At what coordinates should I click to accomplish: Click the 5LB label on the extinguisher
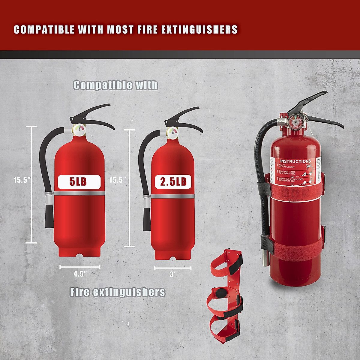(x=79, y=182)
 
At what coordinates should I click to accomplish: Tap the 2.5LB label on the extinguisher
(x=173, y=182)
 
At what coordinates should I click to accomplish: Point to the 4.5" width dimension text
(x=80, y=274)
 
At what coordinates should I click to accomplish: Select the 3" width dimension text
(x=173, y=274)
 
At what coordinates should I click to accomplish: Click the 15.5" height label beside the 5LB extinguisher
(x=22, y=180)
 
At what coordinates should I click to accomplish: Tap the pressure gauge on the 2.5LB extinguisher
(x=172, y=132)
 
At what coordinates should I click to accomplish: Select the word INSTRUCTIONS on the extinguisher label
(x=295, y=161)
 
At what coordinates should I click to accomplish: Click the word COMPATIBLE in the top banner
(x=44, y=30)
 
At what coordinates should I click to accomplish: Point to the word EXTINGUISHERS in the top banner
(x=199, y=30)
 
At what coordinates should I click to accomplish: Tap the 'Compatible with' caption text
(x=115, y=85)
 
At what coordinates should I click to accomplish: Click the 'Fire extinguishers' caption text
(x=117, y=292)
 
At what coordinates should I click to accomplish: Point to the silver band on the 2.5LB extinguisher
(x=172, y=196)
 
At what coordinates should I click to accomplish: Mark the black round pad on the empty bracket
(x=221, y=292)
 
